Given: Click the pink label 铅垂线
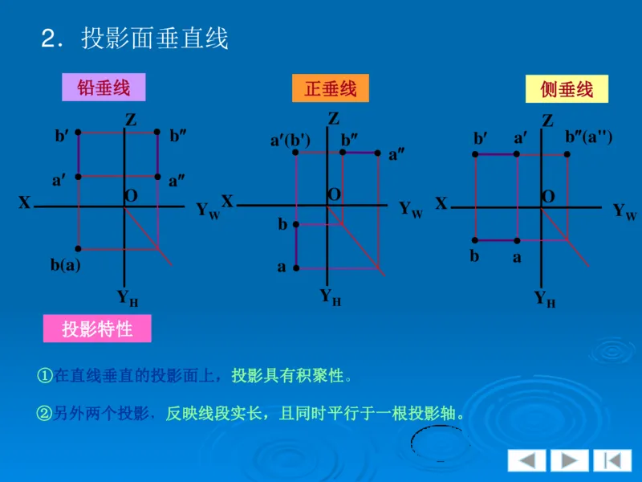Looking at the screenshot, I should (104, 88).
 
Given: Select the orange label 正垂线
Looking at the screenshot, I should (330, 88).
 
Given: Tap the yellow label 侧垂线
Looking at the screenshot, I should (567, 89).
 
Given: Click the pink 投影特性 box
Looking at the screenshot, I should (96, 328).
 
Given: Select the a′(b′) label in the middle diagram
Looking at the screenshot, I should (290, 141).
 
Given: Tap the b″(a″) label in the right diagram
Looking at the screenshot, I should (589, 137).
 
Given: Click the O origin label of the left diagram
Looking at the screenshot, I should (131, 196).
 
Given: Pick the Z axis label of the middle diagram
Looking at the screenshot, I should (334, 119).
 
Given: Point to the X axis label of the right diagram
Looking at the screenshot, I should (441, 204).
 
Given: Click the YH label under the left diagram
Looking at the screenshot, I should (128, 298).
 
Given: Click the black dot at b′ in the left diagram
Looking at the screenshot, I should (79, 133).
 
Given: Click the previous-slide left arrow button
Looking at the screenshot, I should (526, 460).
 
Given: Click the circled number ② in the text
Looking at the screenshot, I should (44, 414).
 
